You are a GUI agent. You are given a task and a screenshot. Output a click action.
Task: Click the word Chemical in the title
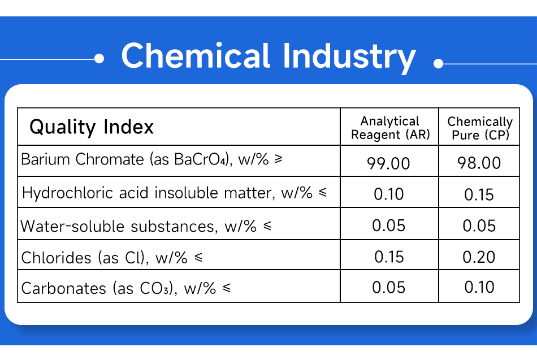coord(196,55)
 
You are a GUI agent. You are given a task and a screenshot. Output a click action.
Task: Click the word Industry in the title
coord(349,58)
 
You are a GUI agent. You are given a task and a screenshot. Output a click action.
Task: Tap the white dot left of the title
coord(99,59)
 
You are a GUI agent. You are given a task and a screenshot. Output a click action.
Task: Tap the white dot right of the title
coord(439,63)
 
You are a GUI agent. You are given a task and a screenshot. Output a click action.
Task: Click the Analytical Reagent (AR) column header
coord(390,128)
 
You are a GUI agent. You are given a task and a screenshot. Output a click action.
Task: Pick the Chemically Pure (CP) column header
coord(480,128)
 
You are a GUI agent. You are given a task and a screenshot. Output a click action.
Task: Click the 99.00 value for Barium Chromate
coord(389,163)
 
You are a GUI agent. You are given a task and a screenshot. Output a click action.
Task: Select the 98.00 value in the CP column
coord(479,163)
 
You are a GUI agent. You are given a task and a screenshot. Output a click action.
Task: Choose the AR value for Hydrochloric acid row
coord(389,194)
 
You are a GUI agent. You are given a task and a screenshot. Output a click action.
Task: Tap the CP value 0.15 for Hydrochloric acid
coord(479,194)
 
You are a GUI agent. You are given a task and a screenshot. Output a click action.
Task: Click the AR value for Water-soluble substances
coord(389,225)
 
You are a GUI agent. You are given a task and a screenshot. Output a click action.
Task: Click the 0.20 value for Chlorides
coord(479,257)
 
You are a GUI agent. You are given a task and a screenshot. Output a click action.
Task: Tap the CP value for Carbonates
coord(479,287)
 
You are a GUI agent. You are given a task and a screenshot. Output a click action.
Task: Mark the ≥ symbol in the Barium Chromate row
coord(279,159)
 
